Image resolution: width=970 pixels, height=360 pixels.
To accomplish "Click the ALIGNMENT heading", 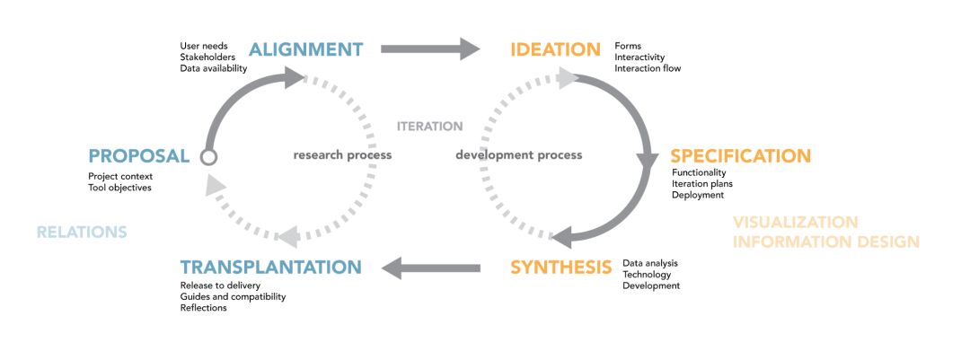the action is (305, 49).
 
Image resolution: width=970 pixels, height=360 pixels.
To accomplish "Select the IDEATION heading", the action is (555, 49).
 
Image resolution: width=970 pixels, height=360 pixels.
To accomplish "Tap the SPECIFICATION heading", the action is (740, 155).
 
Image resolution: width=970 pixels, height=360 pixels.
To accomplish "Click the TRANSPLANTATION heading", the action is (270, 267).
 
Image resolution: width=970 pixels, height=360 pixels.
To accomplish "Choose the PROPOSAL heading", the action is (139, 155).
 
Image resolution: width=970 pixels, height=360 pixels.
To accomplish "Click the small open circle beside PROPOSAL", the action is (208, 157).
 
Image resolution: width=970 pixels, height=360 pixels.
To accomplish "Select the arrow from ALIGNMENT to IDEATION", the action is (431, 49).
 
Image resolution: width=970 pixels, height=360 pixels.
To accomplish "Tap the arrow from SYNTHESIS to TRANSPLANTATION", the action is (431, 266).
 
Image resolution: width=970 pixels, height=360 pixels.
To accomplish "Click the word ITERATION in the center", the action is (429, 127).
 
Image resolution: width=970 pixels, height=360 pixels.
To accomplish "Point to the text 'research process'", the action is (342, 154).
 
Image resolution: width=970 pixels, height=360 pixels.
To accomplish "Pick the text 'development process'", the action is (518, 154).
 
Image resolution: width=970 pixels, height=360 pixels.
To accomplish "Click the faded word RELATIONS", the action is (82, 233).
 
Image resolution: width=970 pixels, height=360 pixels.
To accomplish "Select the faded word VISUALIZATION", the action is (795, 222).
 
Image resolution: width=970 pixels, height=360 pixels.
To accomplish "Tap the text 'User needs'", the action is (203, 45).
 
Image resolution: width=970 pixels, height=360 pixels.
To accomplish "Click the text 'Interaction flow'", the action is (648, 68).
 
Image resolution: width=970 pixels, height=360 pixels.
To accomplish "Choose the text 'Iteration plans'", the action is (703, 183).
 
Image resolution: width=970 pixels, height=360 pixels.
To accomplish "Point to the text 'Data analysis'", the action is (650, 263).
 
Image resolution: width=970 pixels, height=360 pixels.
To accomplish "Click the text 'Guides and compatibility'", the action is (233, 296).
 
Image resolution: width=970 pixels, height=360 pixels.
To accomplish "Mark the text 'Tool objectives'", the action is (120, 188).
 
